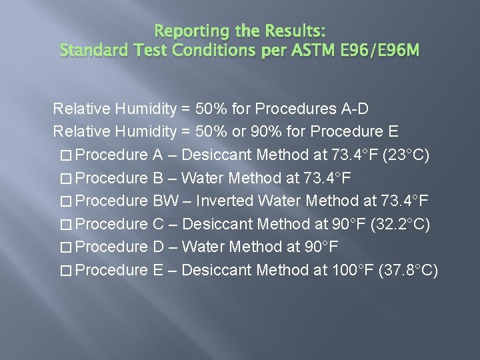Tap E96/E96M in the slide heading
pyautogui.click(x=377, y=49)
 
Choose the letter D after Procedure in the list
pyautogui.click(x=158, y=247)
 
